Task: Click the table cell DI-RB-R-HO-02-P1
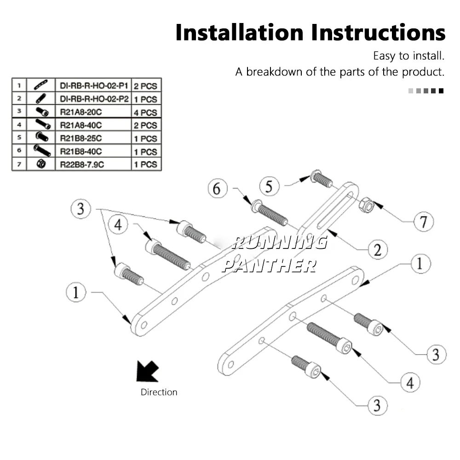pyautogui.click(x=93, y=85)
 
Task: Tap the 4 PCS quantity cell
pyautogui.click(x=146, y=112)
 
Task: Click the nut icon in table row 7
pyautogui.click(x=40, y=164)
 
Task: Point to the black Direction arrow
pyautogui.click(x=148, y=371)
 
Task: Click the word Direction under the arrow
pyautogui.click(x=159, y=392)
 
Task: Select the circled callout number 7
pyautogui.click(x=423, y=222)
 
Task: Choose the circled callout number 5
pyautogui.click(x=269, y=186)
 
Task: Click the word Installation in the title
pyautogui.click(x=240, y=33)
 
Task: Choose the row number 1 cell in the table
pyautogui.click(x=19, y=85)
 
